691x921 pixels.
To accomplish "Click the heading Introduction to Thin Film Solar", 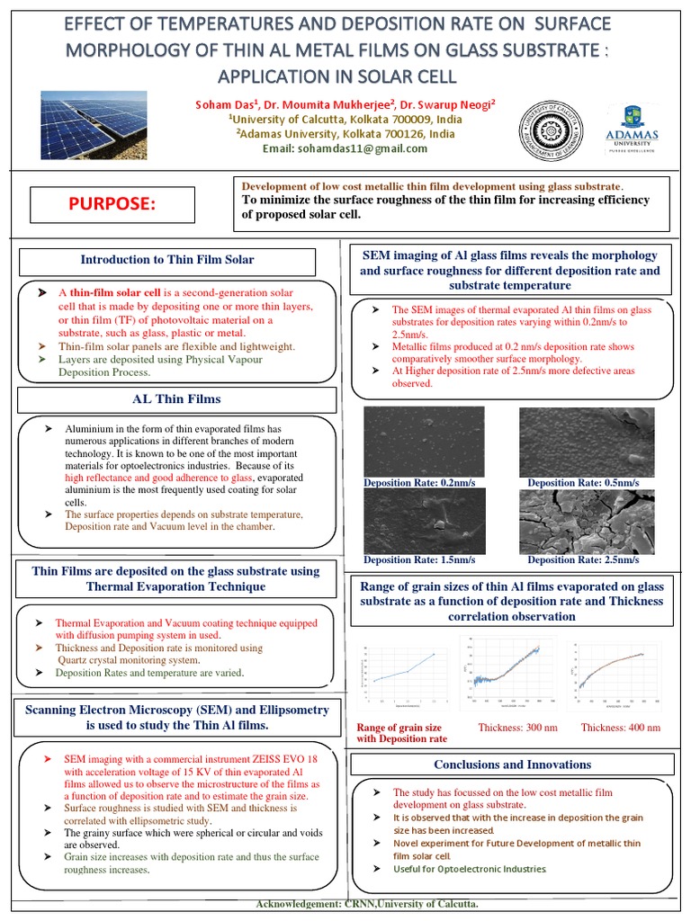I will click(167, 260).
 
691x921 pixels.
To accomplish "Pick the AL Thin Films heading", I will click(175, 398).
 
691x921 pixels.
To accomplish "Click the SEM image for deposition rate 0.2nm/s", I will click(423, 441).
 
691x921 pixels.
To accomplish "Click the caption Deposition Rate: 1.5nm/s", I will click(419, 560).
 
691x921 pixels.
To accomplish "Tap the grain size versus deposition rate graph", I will click(401, 675).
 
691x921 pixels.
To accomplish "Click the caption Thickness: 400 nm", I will click(620, 728).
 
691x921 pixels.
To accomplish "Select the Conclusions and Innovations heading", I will click(512, 765).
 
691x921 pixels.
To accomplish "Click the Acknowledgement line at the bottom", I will click(367, 903).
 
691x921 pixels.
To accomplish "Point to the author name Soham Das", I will click(229, 105).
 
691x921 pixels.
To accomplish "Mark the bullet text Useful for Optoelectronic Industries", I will click(469, 869).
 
